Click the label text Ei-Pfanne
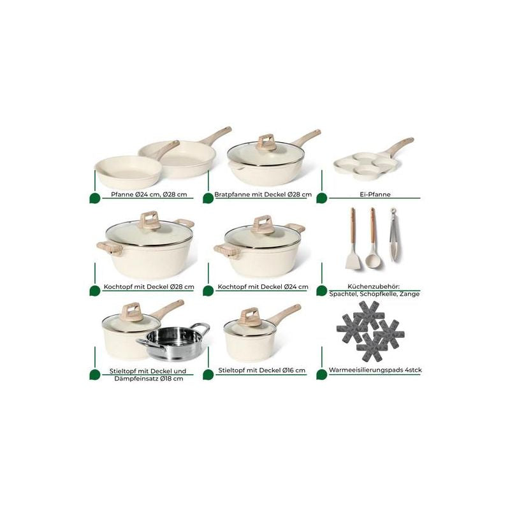[370, 194]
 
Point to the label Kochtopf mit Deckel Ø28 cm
[148, 288]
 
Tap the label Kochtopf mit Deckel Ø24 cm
[263, 288]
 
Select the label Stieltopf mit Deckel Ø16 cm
[262, 370]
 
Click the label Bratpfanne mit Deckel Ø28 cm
[262, 194]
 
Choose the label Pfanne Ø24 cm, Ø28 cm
[148, 194]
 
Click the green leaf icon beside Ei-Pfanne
[321, 198]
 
